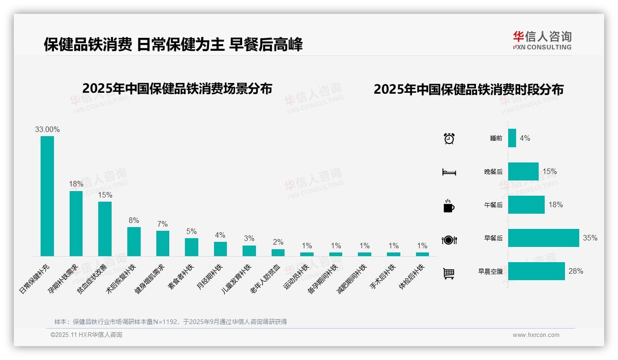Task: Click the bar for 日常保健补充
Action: point(47,196)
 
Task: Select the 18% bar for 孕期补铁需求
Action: point(76,223)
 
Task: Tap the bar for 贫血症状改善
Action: point(105,228)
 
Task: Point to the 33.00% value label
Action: point(48,130)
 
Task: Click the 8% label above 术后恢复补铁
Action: point(134,221)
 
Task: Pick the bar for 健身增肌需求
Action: point(162,243)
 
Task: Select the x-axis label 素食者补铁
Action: point(181,276)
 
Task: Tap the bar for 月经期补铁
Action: point(220,249)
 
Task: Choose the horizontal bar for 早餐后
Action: point(543,238)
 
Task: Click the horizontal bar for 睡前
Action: point(512,138)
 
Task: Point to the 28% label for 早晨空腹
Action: point(576,271)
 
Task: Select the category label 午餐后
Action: point(493,205)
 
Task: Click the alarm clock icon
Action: point(449,138)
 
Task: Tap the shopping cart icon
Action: point(449,273)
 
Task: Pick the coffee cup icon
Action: point(449,206)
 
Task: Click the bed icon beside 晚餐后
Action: point(449,172)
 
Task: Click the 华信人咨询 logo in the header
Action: point(542,40)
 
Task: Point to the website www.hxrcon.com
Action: point(536,335)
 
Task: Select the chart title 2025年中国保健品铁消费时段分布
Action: point(469,90)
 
